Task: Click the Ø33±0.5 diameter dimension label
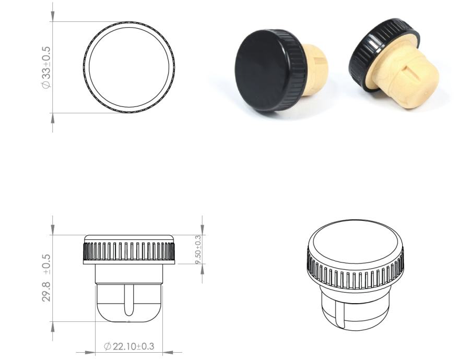(46, 67)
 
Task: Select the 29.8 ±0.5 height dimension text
(46, 278)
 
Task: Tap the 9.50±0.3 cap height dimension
(198, 249)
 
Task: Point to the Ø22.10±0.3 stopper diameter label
(129, 346)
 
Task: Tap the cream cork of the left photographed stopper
(316, 69)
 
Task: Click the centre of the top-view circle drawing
(129, 67)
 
